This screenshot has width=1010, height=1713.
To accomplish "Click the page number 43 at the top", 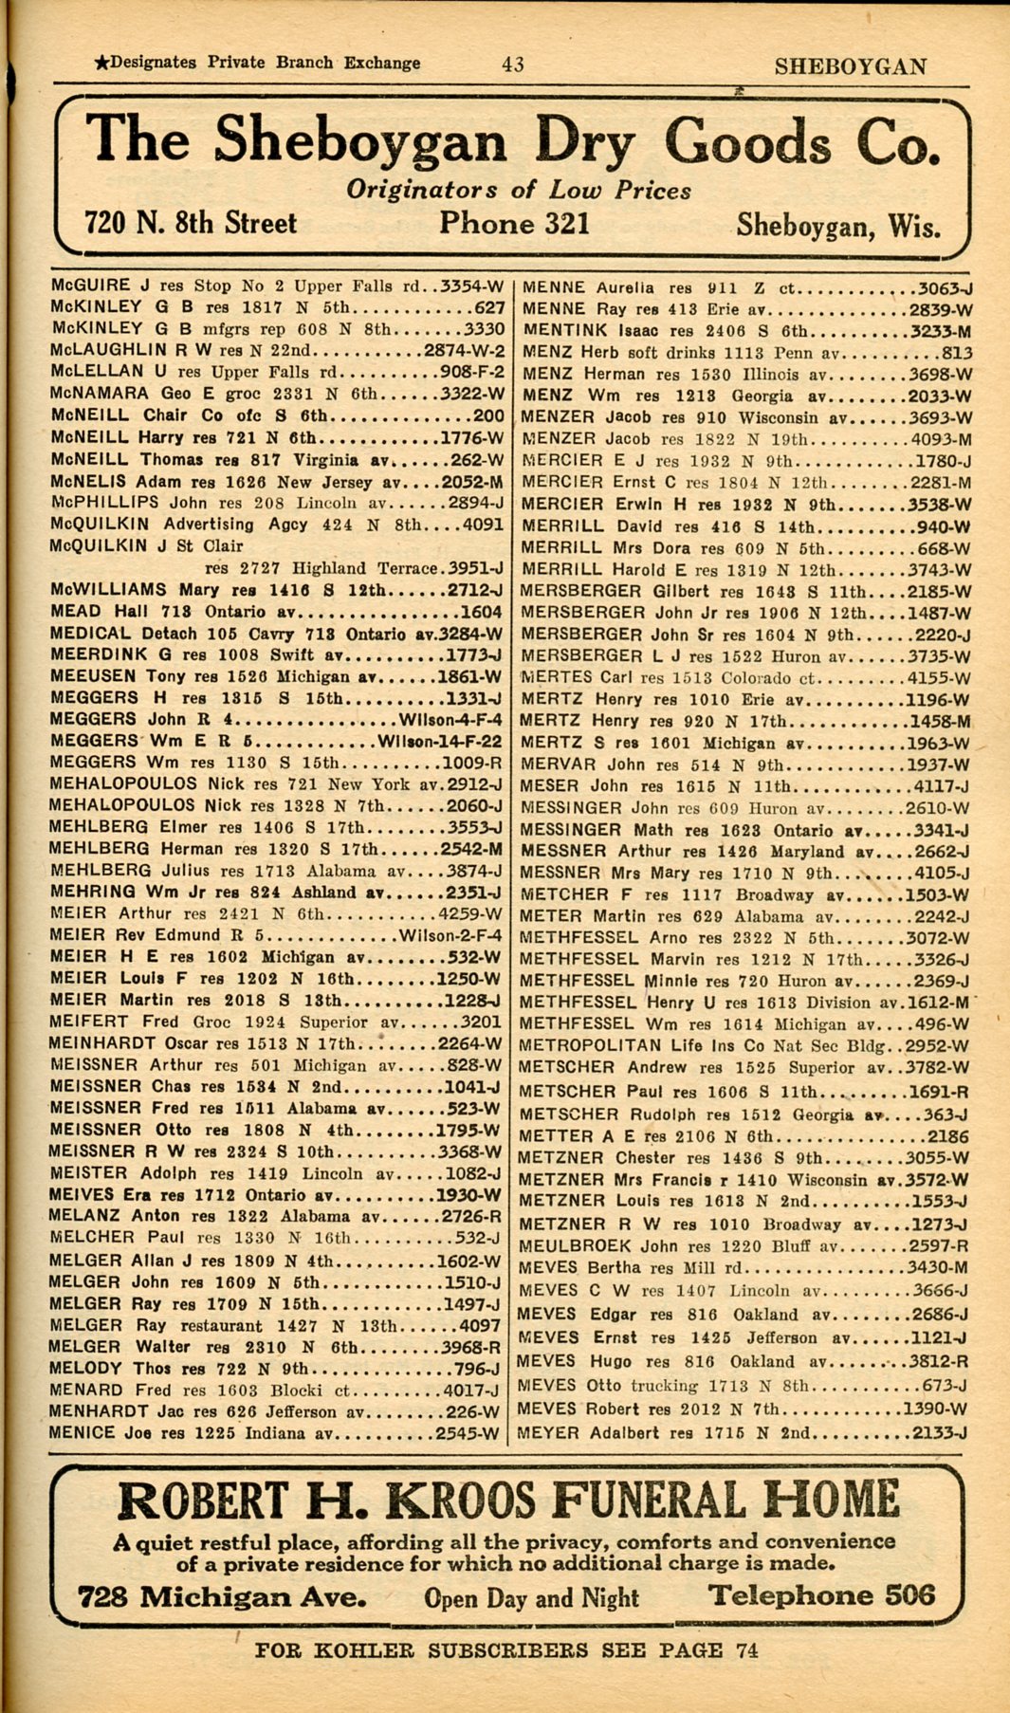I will (513, 64).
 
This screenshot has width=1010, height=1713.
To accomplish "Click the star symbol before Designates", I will (101, 64).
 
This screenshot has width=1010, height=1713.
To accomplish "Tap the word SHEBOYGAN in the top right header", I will (850, 66).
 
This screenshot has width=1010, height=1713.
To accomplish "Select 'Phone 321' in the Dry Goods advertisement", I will (514, 224).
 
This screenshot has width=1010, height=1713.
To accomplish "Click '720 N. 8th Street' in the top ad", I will (191, 223).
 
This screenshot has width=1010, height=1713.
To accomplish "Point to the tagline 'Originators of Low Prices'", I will (518, 190).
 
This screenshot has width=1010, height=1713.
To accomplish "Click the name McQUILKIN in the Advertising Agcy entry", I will (103, 525).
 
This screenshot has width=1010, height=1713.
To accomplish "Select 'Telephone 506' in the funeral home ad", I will (821, 1595).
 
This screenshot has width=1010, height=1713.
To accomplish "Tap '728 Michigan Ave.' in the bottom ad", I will (222, 1597).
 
